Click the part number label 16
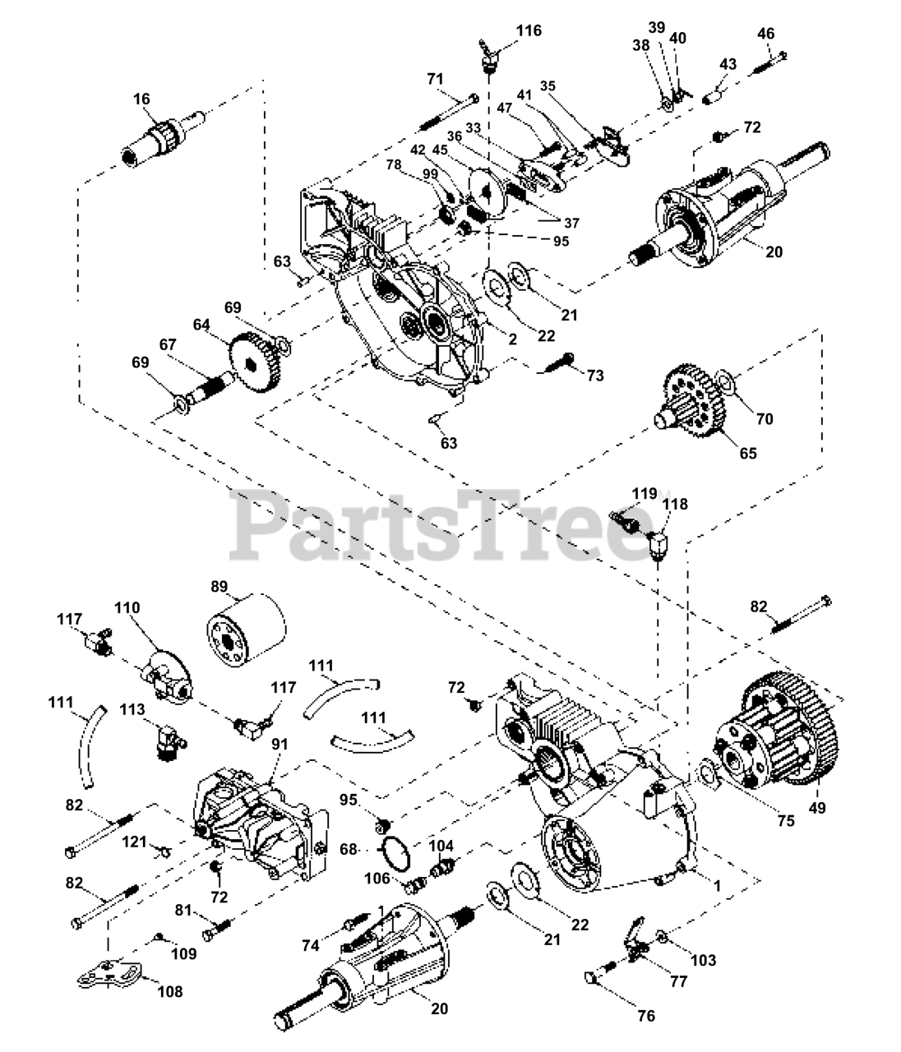(142, 99)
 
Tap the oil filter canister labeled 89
(247, 630)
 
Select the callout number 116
(529, 30)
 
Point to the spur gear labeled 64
(256, 362)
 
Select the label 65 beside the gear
(748, 453)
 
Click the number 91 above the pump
(280, 744)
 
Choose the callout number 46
(765, 34)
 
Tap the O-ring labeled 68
(395, 855)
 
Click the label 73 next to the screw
(594, 376)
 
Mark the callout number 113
(132, 709)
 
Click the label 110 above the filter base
(127, 607)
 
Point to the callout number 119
(645, 494)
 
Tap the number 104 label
(441, 846)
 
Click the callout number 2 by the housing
(513, 339)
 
